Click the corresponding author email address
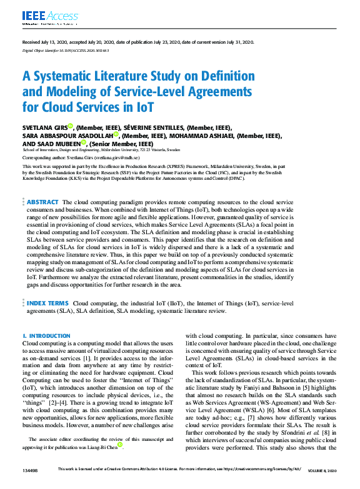(x=130, y=159)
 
